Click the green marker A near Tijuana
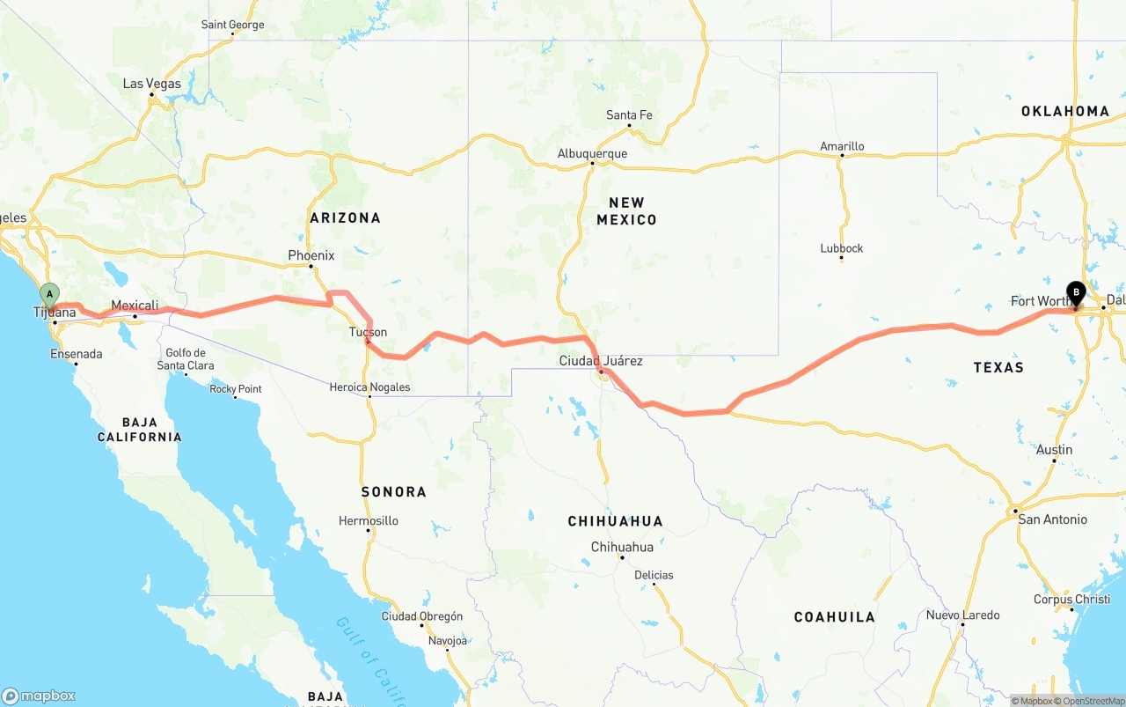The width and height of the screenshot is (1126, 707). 50,294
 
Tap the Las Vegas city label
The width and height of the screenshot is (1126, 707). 151,84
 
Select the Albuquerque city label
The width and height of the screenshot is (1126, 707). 592,153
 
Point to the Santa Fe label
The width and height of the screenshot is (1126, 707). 629,115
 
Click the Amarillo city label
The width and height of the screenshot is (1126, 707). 842,146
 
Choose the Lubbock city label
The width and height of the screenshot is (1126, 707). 841,248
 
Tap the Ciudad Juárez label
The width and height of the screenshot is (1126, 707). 601,361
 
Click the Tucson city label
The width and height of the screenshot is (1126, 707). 368,332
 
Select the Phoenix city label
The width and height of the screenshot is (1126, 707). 311,255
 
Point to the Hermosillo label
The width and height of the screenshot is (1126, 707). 369,520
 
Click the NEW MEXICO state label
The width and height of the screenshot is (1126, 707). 626,211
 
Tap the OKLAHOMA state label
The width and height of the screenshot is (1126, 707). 1065,111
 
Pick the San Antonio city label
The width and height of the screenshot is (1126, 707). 1052,519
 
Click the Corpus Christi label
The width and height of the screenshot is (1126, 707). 1071,600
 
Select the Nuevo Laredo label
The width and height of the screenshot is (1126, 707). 962,615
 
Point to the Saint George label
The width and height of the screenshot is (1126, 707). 232,25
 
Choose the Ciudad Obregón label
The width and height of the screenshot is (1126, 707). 421,616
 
